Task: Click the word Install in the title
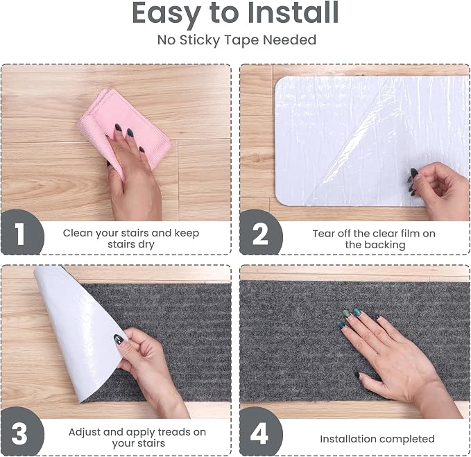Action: [x=293, y=12]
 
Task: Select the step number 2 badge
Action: [x=260, y=233]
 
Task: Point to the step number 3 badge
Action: [x=21, y=432]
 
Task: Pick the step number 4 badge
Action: [x=260, y=432]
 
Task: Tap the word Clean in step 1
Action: [x=78, y=233]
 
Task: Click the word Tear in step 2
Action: [x=323, y=234]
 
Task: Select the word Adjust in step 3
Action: [x=84, y=432]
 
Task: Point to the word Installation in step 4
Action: [x=347, y=439]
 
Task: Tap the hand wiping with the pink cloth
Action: [x=132, y=174]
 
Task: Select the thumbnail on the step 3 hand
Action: [x=119, y=339]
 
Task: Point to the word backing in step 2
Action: [x=375, y=245]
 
